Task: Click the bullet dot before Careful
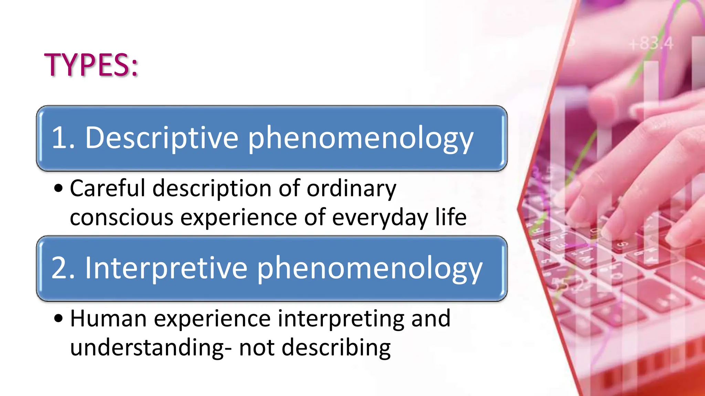pyautogui.click(x=59, y=188)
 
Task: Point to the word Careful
pyautogui.click(x=107, y=188)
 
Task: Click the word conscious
pyautogui.click(x=122, y=218)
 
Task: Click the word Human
pyautogui.click(x=108, y=318)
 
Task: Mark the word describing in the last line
pyautogui.click(x=336, y=348)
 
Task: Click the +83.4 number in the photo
pyautogui.click(x=651, y=44)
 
